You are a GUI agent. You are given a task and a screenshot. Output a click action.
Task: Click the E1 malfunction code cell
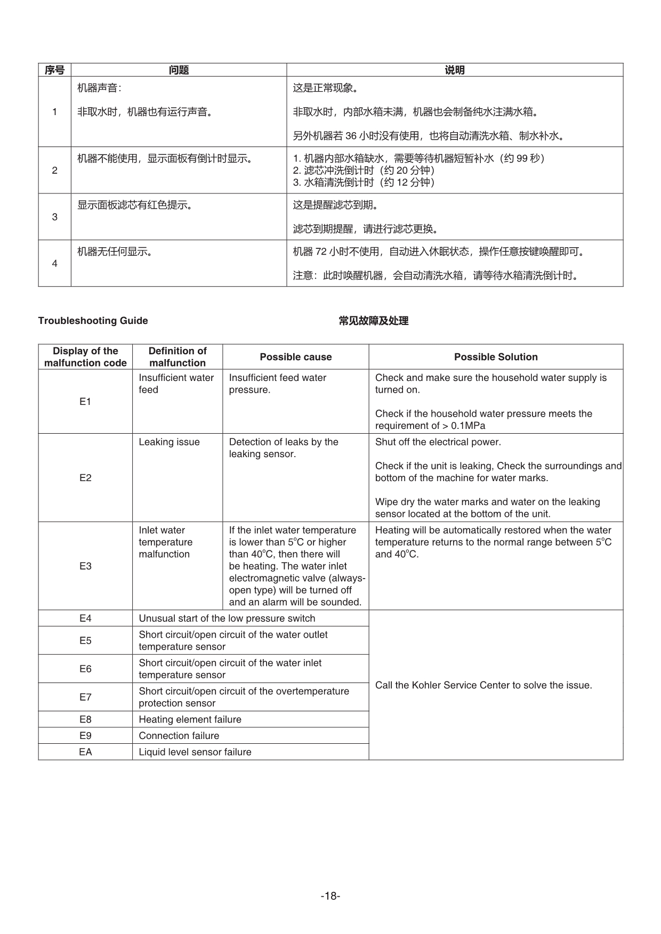click(85, 402)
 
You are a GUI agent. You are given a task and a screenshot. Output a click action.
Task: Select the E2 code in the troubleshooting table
click(85, 478)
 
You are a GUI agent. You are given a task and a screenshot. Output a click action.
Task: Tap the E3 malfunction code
click(85, 566)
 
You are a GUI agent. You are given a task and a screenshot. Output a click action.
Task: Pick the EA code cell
click(85, 752)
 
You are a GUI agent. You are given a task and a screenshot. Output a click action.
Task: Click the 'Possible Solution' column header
click(496, 357)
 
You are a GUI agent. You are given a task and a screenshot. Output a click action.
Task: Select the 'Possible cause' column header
click(296, 357)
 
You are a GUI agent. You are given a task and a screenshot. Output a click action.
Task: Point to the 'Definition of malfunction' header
click(178, 357)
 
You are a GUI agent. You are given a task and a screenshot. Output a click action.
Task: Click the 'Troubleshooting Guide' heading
click(93, 321)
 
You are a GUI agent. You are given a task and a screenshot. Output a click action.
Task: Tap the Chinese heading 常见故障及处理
click(374, 321)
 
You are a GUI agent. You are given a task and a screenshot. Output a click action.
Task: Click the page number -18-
click(330, 896)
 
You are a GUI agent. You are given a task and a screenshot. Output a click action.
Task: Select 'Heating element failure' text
click(190, 719)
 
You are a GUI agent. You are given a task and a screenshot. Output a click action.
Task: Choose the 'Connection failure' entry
click(179, 736)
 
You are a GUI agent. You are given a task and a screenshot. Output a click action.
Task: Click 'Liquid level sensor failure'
click(195, 752)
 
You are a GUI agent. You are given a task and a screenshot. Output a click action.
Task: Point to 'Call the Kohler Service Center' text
click(483, 685)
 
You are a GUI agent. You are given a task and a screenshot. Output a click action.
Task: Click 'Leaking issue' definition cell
click(170, 442)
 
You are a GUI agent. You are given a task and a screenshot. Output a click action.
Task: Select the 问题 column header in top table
click(179, 70)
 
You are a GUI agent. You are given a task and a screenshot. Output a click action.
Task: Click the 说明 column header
click(455, 70)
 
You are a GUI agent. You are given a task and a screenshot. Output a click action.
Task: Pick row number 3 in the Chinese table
click(55, 217)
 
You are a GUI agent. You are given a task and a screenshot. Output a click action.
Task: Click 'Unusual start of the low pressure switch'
click(227, 619)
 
